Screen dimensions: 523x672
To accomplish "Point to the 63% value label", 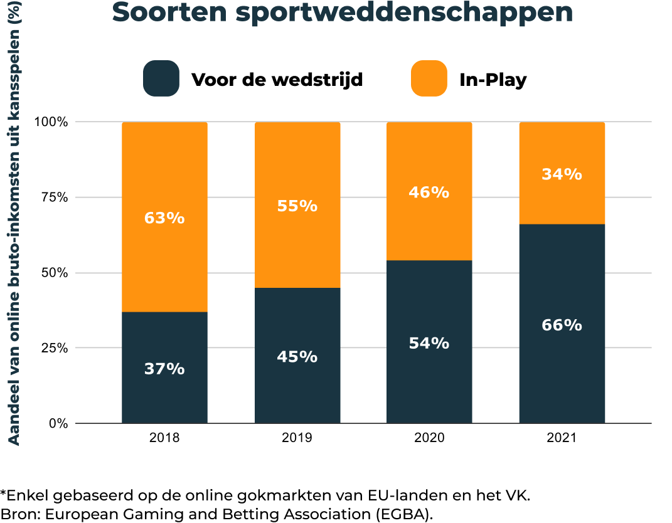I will coord(164,218).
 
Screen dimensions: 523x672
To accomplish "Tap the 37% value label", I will coord(164,369).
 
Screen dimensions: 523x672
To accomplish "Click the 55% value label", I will coord(297,206).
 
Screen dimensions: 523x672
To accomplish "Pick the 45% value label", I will coord(297,357).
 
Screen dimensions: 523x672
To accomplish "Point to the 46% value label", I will coord(429,193).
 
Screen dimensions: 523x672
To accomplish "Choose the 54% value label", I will coord(429,344).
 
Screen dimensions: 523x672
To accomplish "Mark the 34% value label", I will coord(562,174).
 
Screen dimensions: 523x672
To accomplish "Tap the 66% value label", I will coord(562,325).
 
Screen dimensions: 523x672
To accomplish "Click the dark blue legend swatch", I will coord(161,78).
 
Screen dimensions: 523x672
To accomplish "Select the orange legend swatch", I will coord(429,78).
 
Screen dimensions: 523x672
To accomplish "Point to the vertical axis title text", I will coord(14,223).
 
